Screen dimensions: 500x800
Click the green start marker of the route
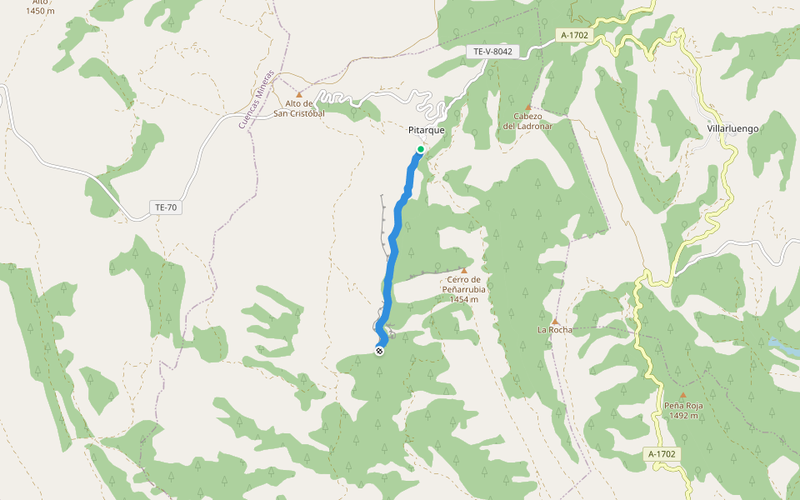(421, 150)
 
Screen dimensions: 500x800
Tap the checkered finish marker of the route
(380, 351)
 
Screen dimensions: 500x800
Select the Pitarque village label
(427, 131)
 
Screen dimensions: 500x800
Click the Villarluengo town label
(732, 129)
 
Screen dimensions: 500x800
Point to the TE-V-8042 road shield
(493, 52)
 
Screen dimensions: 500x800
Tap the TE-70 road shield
(165, 207)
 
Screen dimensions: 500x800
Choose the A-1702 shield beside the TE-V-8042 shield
(575, 36)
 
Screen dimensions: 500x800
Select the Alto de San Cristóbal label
(298, 108)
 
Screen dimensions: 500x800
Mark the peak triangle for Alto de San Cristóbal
(299, 95)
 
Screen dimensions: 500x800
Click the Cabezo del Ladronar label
(527, 121)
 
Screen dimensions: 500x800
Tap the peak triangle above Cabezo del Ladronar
(527, 107)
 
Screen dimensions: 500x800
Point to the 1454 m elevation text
(464, 299)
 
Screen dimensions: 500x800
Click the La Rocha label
(555, 330)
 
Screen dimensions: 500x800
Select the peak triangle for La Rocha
(555, 321)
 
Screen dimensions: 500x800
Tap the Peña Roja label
(683, 406)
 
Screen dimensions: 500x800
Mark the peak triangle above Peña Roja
(683, 396)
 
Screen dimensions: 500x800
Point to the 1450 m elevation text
(41, 11)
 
